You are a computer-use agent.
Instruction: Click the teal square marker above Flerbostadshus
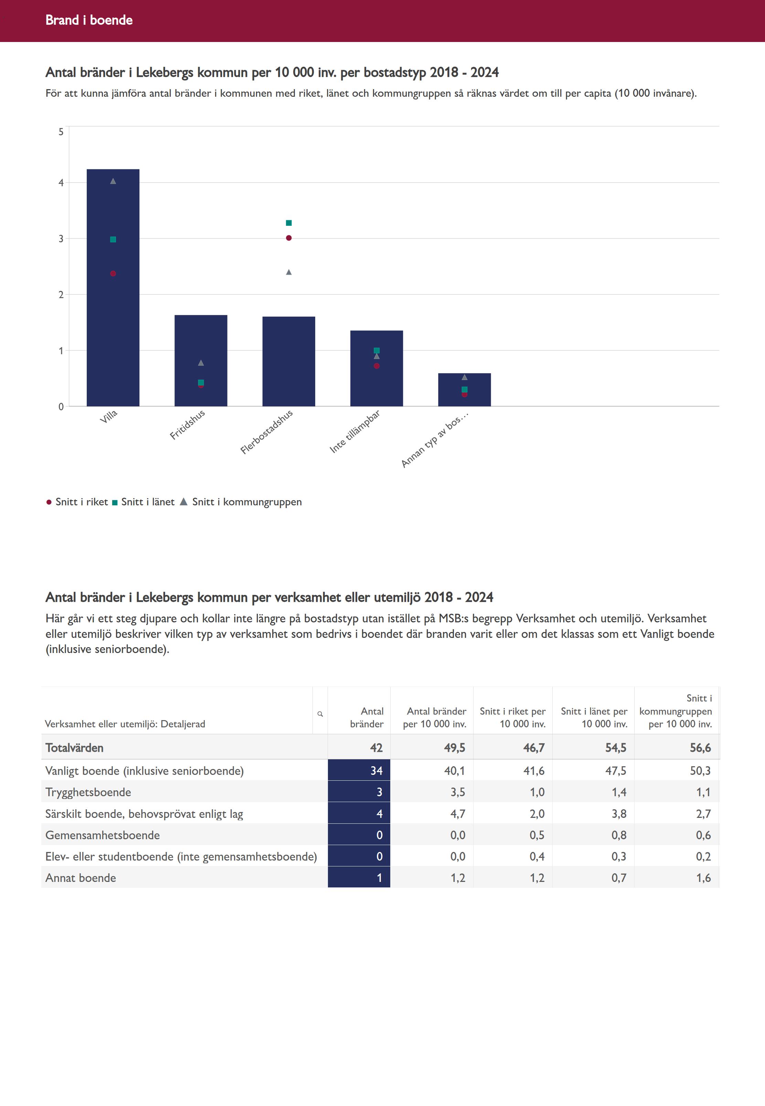click(x=288, y=223)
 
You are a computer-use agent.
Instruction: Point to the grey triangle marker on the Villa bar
click(x=113, y=181)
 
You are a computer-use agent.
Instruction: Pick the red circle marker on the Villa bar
click(x=113, y=274)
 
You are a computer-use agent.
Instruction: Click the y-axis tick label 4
click(x=61, y=183)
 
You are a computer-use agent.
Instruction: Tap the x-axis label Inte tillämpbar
click(x=355, y=431)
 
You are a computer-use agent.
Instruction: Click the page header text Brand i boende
click(x=89, y=20)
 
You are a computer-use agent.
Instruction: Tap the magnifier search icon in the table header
click(x=320, y=714)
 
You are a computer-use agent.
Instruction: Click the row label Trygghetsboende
click(x=88, y=792)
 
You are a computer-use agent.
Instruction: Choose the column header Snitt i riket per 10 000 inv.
click(x=512, y=717)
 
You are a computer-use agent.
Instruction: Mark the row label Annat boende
click(x=81, y=878)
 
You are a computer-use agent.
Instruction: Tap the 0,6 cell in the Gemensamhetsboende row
click(x=703, y=835)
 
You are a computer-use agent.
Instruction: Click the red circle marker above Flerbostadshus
click(x=288, y=238)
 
